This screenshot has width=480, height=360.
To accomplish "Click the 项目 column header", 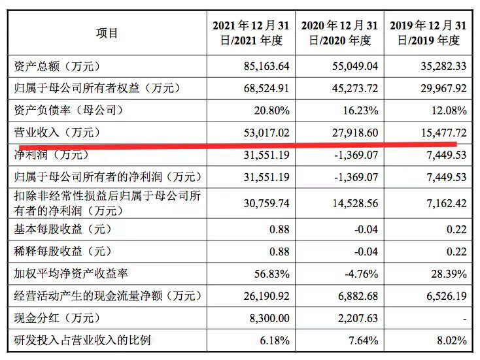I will [107, 33].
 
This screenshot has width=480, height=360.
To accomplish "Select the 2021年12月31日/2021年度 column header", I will [250, 33].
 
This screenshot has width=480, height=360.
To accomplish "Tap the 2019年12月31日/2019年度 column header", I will [428, 33].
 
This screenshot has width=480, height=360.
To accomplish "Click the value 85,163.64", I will [266, 66].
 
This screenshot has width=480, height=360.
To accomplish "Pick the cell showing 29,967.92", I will [443, 88].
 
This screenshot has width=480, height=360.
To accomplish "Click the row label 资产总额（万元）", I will [58, 66].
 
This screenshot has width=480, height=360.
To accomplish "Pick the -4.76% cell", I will [361, 274].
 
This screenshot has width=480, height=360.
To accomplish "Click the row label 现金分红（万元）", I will [58, 318].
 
